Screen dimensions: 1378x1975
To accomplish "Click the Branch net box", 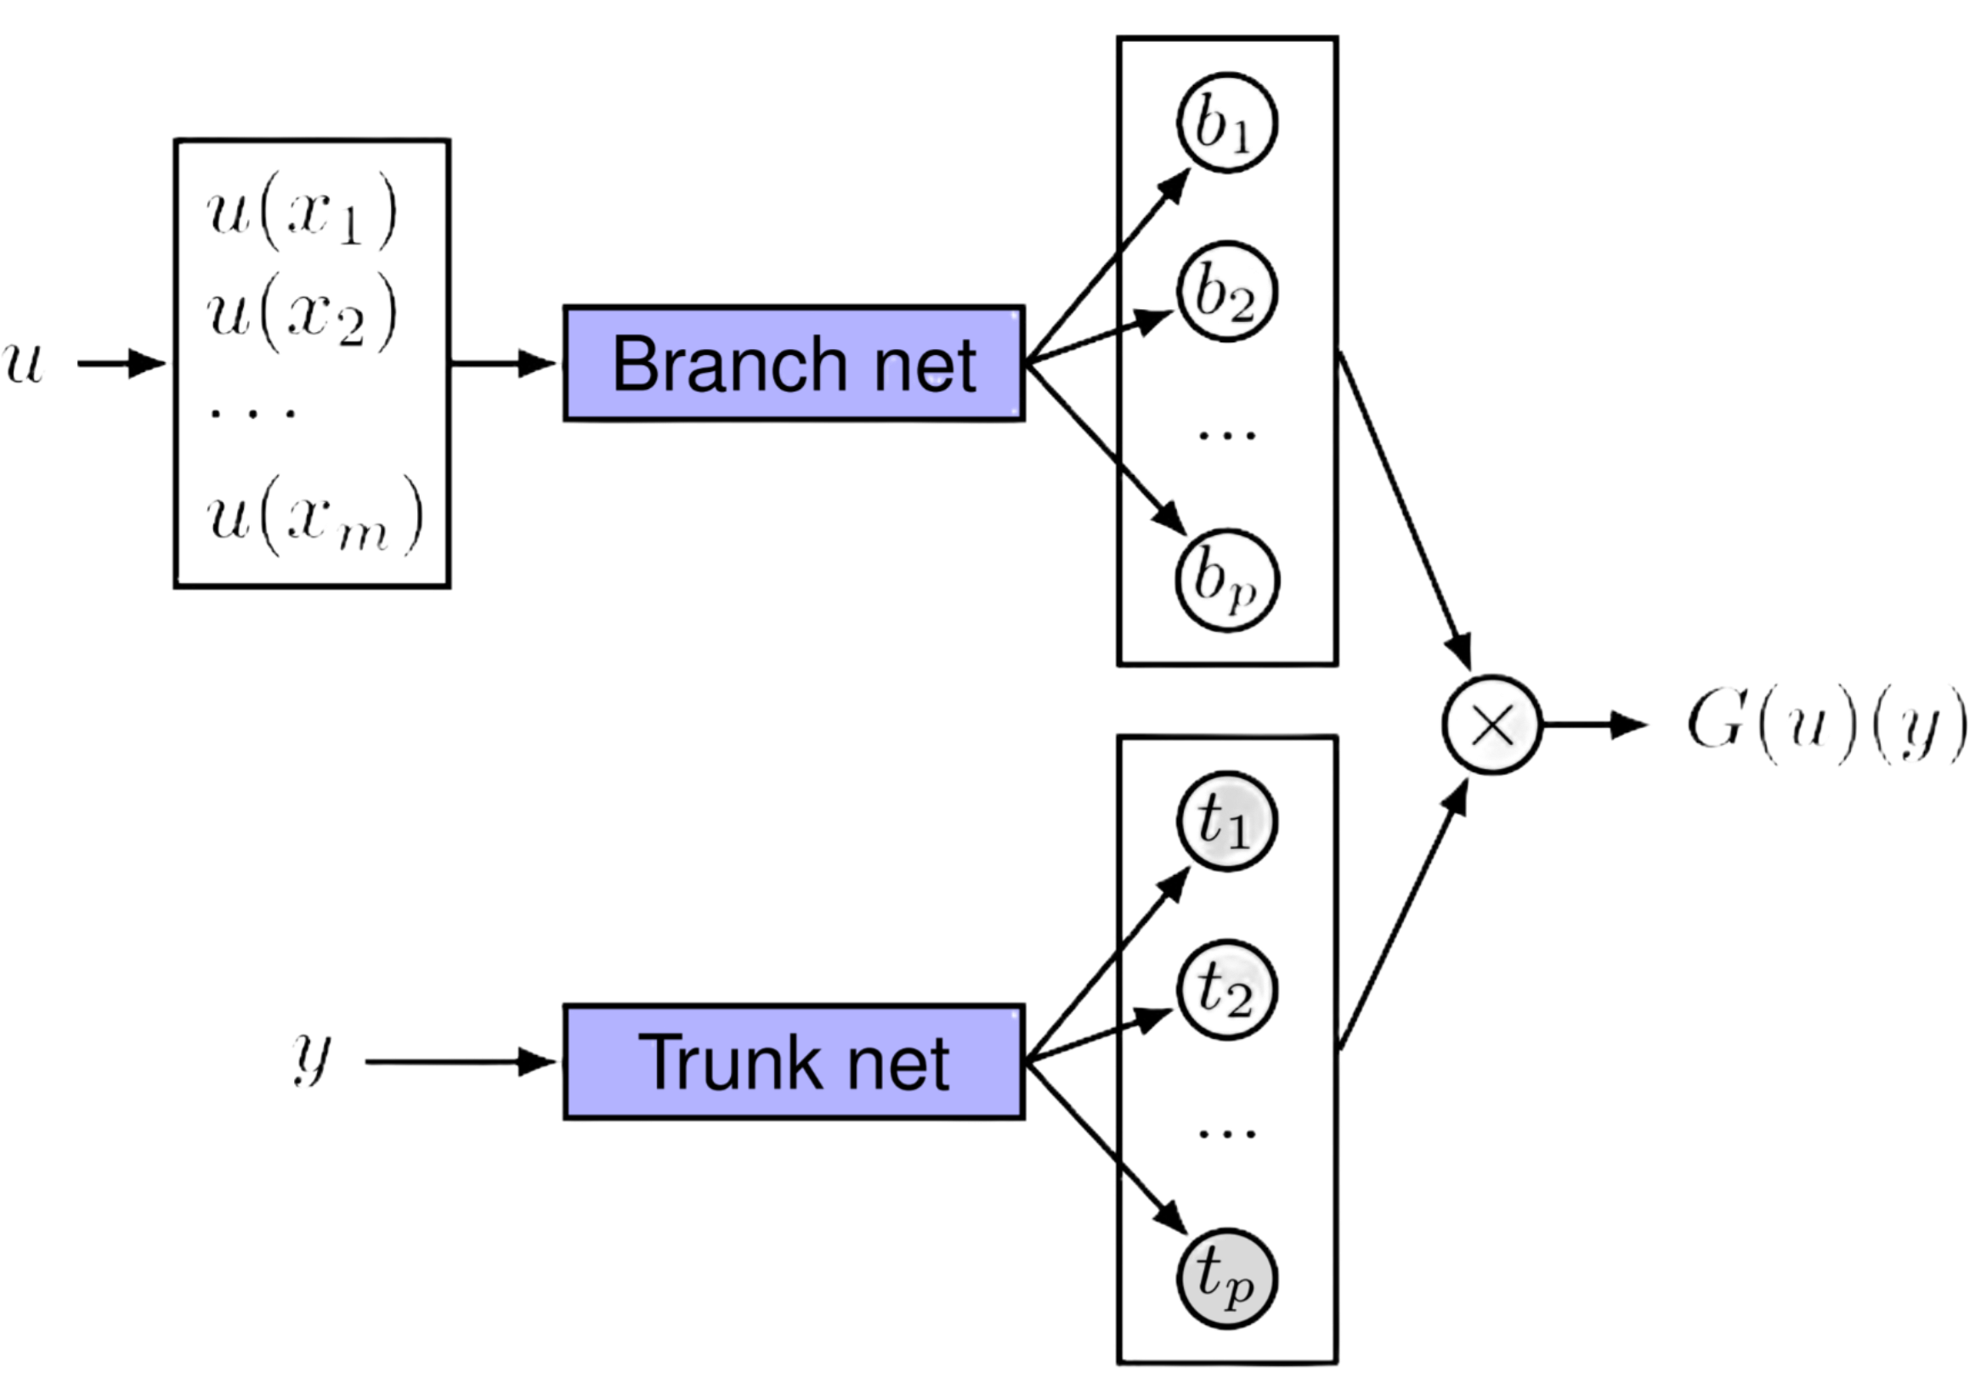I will point(794,363).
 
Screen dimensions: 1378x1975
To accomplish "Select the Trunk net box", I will point(794,1063).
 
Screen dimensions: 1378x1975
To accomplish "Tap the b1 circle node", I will point(1227,123).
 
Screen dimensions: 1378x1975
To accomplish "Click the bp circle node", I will point(1227,580).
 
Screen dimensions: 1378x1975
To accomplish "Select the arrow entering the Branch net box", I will point(507,364).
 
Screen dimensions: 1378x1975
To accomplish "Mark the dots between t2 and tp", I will point(1224,1135).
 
